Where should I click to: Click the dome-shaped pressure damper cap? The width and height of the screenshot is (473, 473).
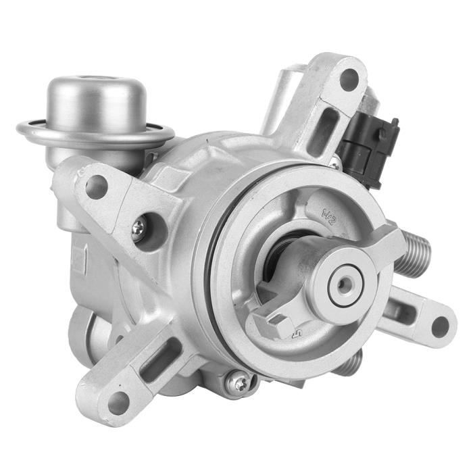click(x=95, y=101)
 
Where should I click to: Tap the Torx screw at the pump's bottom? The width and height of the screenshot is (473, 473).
click(x=237, y=383)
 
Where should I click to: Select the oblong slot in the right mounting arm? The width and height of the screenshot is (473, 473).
click(x=405, y=313)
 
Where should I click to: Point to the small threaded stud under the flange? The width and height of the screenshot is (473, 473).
click(x=350, y=365)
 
